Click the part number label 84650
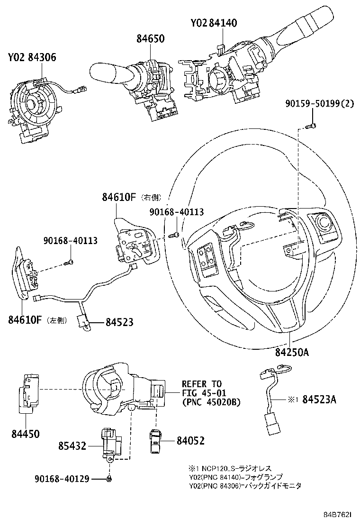149,39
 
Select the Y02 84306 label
32,58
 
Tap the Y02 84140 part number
214,23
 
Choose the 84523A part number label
317,400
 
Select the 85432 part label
72,445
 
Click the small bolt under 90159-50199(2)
311,126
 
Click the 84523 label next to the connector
119,322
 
